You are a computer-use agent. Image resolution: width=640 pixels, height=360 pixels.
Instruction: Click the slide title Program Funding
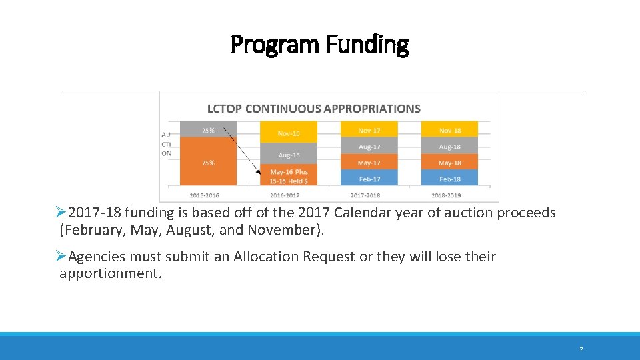(x=319, y=45)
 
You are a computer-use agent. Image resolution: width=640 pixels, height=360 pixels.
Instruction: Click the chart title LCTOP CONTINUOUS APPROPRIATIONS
(x=313, y=108)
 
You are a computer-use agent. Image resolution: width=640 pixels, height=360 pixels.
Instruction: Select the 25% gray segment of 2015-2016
(x=208, y=129)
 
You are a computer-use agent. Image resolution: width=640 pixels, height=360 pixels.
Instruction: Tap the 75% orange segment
(x=208, y=162)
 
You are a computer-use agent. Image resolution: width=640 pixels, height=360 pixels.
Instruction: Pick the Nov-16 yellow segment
(x=289, y=133)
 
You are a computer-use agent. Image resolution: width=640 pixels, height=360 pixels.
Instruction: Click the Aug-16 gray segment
(x=289, y=155)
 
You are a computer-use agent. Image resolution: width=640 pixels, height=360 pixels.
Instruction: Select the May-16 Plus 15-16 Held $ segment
(x=289, y=176)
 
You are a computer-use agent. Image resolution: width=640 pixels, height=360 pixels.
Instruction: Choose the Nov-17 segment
(x=369, y=130)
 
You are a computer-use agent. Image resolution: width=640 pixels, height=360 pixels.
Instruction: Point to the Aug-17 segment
(x=369, y=146)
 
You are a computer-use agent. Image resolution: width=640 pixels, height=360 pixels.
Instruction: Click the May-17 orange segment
(x=369, y=162)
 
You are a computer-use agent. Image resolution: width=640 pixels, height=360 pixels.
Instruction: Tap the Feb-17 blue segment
(x=369, y=178)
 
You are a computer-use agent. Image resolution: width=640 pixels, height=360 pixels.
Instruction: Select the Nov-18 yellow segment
(x=450, y=130)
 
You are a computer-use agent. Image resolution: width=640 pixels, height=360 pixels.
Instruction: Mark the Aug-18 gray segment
(x=450, y=146)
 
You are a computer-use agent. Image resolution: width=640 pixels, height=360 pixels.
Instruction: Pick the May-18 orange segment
(x=450, y=162)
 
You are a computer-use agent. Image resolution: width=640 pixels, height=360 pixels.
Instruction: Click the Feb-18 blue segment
(x=450, y=178)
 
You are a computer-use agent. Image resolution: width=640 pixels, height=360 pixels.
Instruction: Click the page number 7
(x=581, y=349)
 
